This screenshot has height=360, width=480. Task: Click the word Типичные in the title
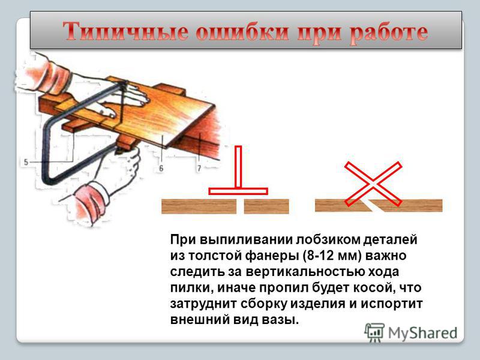click(125, 32)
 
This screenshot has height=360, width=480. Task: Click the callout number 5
click(26, 162)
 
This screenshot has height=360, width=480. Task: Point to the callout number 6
click(161, 168)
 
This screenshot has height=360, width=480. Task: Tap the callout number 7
click(199, 168)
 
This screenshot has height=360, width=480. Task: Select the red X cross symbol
click(373, 184)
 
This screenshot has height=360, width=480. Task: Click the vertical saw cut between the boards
click(241, 206)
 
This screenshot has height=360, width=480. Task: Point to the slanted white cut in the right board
click(373, 206)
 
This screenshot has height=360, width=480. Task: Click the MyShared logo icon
click(374, 332)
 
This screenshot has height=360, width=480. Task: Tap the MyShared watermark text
click(423, 333)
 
